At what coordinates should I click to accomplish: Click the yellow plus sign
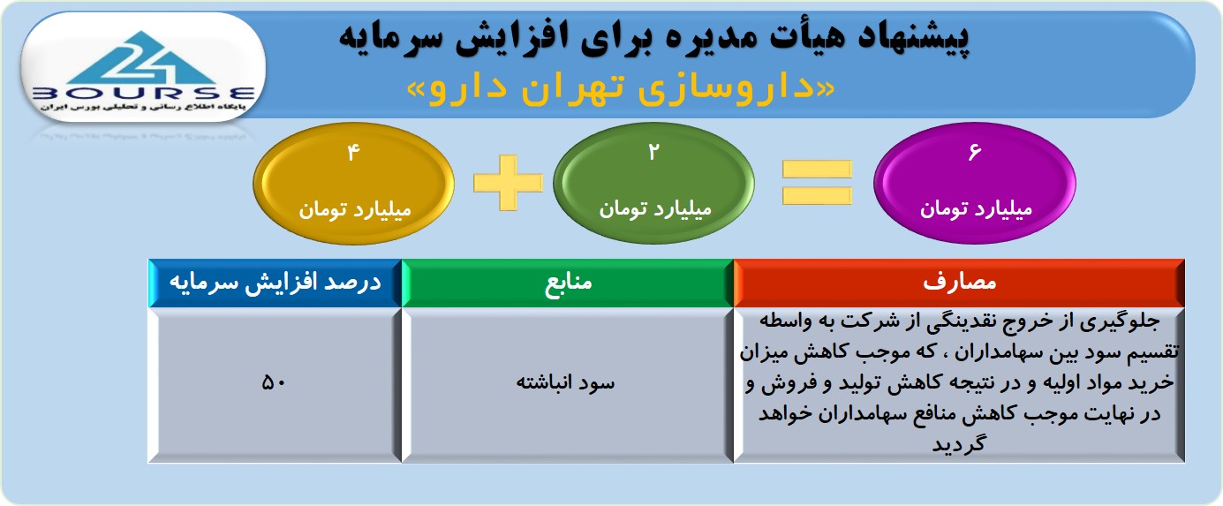tap(508, 182)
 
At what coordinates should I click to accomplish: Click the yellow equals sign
tap(817, 182)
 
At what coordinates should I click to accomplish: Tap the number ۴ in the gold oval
tap(353, 152)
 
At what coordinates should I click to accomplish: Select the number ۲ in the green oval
tap(653, 152)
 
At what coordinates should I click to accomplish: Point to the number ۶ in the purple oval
tap(975, 152)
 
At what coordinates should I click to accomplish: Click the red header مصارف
tap(959, 283)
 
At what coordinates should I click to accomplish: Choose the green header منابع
tap(568, 283)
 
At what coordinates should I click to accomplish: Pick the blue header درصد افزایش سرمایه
tap(276, 283)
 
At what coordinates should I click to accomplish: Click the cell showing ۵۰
tap(275, 385)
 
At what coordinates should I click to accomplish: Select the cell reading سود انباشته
tap(568, 385)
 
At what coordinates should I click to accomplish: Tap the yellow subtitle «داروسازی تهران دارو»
tap(621, 88)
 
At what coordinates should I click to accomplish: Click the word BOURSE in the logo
tap(143, 94)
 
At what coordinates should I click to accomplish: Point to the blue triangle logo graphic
tap(142, 58)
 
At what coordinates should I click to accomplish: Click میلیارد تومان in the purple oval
tap(976, 208)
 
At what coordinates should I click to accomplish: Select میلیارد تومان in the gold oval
tap(354, 209)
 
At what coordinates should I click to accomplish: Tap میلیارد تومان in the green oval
tap(654, 208)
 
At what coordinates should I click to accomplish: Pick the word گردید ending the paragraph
tap(959, 443)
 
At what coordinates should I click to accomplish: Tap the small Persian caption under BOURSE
tap(143, 107)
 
